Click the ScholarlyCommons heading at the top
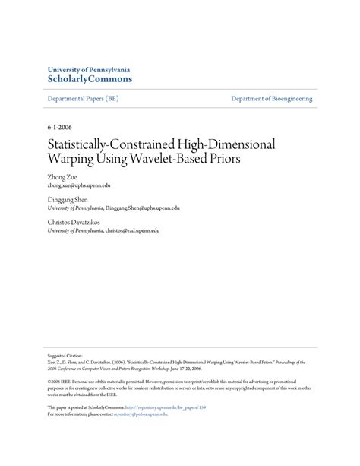(x=90, y=78)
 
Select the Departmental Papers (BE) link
(x=82, y=99)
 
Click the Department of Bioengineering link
(x=272, y=99)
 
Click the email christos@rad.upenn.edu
(x=132, y=230)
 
